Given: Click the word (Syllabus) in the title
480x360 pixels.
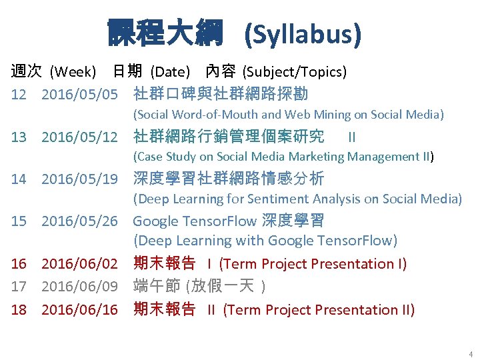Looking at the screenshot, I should tap(303, 34).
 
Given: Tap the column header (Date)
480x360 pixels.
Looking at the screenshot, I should tap(170, 71).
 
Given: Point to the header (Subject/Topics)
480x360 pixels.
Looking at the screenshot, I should tap(294, 71).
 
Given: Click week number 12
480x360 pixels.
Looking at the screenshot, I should tap(18, 94).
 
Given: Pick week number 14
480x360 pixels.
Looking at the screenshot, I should tap(18, 179).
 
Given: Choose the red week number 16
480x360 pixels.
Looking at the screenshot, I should tap(18, 264).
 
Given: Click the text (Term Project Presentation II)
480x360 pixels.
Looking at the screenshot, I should tap(319, 310).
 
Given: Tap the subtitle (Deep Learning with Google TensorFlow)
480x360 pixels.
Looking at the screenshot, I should tap(265, 240).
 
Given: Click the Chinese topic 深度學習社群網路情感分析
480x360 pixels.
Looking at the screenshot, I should tap(229, 179).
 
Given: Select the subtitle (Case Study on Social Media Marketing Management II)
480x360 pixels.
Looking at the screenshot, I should tap(283, 157).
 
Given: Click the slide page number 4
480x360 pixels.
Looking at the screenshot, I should tap(471, 353).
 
